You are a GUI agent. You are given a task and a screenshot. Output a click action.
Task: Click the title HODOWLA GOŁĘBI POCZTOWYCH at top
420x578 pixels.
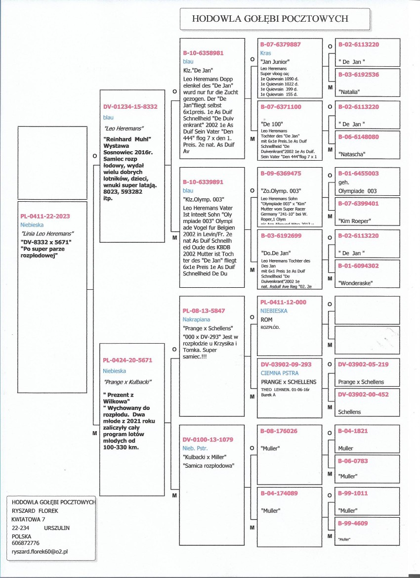270,19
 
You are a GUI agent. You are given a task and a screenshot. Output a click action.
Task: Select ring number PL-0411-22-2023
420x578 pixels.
45,216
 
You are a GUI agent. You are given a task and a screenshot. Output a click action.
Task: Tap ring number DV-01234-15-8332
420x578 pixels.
130,106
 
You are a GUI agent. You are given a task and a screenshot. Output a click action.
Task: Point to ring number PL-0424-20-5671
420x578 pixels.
128,361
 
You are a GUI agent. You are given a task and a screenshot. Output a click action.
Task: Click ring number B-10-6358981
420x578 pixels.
203,52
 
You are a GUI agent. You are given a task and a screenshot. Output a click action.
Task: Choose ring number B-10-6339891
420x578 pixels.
203,181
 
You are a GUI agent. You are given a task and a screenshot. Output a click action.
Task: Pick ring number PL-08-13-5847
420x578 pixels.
204,311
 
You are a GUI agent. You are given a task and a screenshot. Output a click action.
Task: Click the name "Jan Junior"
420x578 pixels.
275,61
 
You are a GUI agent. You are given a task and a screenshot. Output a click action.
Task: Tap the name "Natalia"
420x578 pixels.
349,92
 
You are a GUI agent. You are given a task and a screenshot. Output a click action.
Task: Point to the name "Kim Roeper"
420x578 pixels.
354,221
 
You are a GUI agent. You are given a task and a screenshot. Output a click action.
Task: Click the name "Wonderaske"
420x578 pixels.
356,283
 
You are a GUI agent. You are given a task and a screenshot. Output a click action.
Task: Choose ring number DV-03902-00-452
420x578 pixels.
364,394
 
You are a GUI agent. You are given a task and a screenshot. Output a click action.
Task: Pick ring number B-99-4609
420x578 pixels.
353,523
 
